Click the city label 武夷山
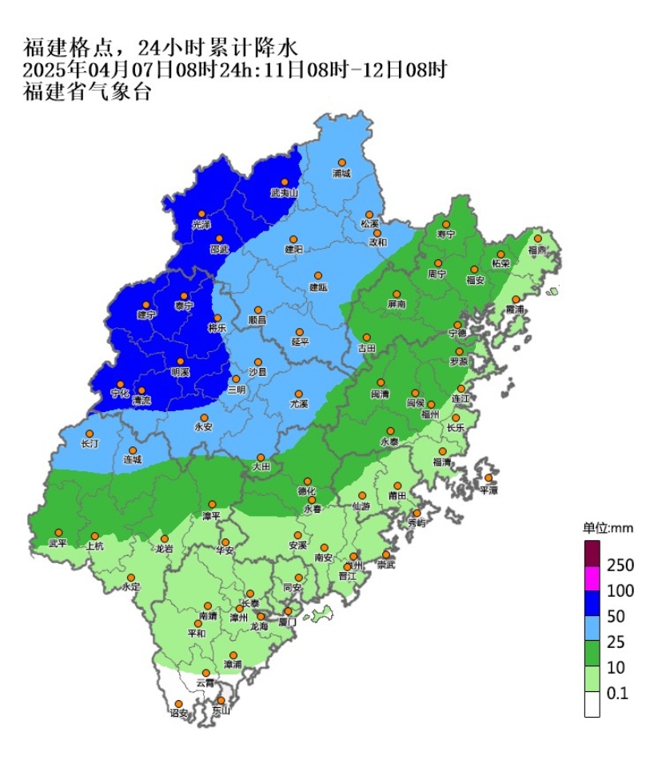(283, 194)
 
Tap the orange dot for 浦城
(341, 162)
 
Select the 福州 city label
(429, 414)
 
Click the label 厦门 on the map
(288, 622)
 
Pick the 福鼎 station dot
(538, 238)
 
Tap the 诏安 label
(178, 712)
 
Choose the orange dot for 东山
(221, 700)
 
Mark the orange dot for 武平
(58, 533)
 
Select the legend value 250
(620, 566)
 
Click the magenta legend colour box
(592, 578)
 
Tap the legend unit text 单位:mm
(607, 528)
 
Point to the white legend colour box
(592, 705)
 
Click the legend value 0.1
(617, 694)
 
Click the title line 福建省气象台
(87, 91)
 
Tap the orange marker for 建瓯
(317, 276)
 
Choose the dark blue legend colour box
(592, 603)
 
